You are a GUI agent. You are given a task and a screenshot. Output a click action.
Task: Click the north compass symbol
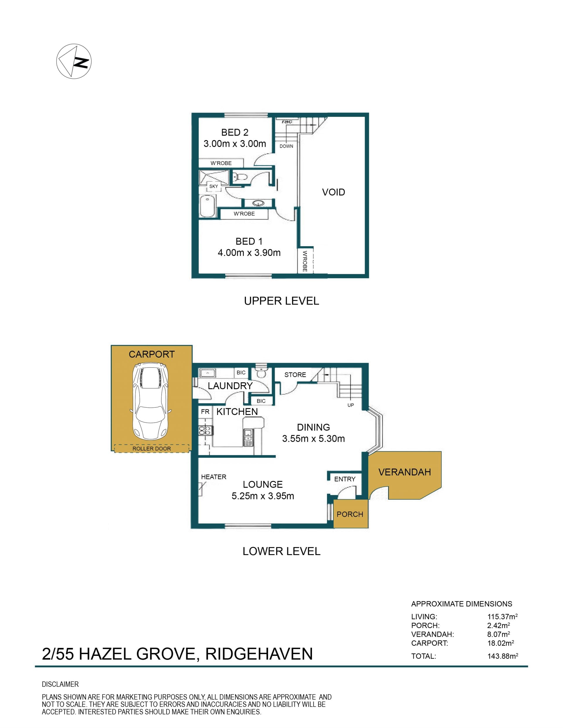click(x=74, y=61)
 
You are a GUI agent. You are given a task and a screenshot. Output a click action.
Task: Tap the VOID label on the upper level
click(x=333, y=192)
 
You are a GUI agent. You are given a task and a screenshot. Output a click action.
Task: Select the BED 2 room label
click(x=235, y=132)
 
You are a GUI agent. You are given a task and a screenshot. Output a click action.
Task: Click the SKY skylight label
click(x=213, y=186)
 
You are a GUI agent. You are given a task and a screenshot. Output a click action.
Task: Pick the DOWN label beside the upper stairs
click(x=286, y=146)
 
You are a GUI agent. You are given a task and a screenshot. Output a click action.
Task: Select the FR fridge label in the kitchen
click(x=205, y=412)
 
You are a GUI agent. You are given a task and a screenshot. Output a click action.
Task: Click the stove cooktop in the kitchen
click(x=206, y=430)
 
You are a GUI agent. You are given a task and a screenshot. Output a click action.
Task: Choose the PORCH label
click(x=350, y=514)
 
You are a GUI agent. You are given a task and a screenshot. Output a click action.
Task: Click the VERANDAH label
click(x=405, y=472)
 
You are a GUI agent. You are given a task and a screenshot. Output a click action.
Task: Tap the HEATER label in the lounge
click(x=213, y=477)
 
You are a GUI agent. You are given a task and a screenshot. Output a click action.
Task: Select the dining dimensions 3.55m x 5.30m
click(x=313, y=439)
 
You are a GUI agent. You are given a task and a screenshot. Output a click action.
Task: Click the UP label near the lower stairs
click(x=350, y=405)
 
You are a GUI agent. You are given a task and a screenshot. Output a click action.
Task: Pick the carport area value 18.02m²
click(x=500, y=643)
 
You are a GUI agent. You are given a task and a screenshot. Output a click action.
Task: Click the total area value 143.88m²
click(x=503, y=656)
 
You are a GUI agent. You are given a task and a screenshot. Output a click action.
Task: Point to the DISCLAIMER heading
click(x=60, y=684)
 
